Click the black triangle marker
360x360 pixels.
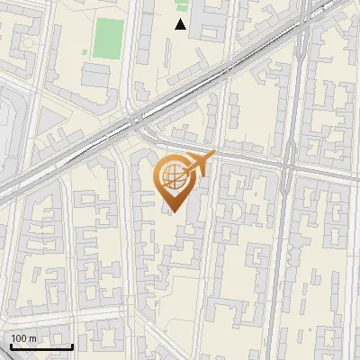click(181, 24)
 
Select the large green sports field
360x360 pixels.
click(110, 36)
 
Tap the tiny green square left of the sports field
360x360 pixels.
click(86, 52)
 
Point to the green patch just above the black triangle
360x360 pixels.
click(183, 7)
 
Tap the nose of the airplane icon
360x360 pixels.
click(213, 155)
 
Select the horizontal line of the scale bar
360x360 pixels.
click(41, 346)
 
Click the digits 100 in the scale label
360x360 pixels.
click(19, 338)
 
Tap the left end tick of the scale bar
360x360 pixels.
click(11, 345)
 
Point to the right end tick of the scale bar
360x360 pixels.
click(72, 345)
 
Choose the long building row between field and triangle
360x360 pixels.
click(144, 36)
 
